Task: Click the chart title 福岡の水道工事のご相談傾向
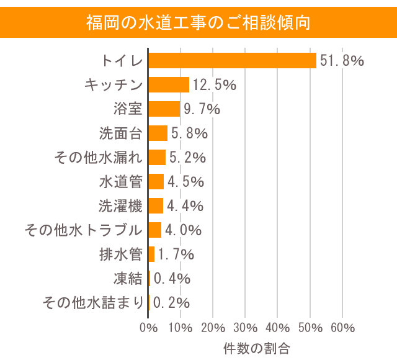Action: (x=198, y=22)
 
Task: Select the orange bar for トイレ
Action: (x=233, y=60)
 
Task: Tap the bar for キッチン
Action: (x=169, y=84)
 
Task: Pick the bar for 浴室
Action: (x=164, y=109)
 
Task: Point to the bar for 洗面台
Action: (x=158, y=133)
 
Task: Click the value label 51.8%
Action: (x=341, y=61)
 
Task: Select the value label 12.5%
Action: (x=214, y=85)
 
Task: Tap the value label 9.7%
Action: (x=201, y=109)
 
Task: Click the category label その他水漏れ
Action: (x=99, y=158)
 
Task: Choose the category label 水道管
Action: (x=121, y=182)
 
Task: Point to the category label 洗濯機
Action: (x=121, y=206)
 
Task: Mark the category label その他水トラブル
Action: (x=84, y=230)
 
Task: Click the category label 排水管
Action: (x=121, y=254)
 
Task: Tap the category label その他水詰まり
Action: (x=92, y=303)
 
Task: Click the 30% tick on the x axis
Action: (x=246, y=328)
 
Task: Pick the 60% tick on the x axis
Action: (x=343, y=328)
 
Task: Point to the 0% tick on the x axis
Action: (x=149, y=328)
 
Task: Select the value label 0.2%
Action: (x=171, y=303)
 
